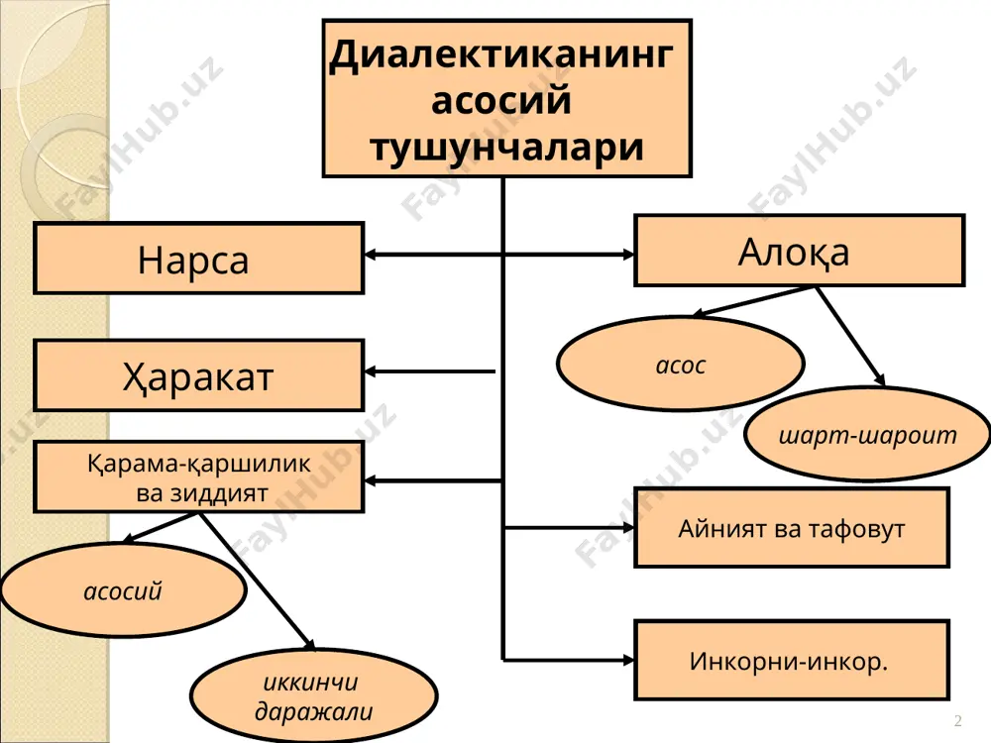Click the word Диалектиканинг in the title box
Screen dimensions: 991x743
tap(501, 55)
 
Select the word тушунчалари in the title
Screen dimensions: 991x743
tap(506, 148)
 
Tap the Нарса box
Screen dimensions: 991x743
tap(199, 259)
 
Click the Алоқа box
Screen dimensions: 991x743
tap(800, 251)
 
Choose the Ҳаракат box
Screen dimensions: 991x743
tap(199, 375)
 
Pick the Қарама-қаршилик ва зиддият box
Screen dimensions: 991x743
tap(199, 478)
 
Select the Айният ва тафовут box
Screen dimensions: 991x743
tap(792, 528)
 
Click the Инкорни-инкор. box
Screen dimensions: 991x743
tap(792, 660)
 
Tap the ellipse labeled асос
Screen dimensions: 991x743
tap(681, 364)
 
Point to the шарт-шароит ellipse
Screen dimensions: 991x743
tap(867, 435)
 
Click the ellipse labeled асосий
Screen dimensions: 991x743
tap(123, 590)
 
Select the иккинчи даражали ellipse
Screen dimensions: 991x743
tap(313, 696)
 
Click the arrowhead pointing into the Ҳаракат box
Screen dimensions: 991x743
tap(371, 371)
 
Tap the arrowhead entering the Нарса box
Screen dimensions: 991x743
tap(371, 255)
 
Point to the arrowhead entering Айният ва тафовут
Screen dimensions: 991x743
tap(628, 527)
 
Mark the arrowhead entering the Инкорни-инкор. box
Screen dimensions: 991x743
tap(628, 660)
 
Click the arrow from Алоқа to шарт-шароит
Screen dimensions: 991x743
tap(850, 336)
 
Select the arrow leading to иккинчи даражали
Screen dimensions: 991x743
tap(258, 582)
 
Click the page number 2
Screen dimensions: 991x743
tap(958, 720)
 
